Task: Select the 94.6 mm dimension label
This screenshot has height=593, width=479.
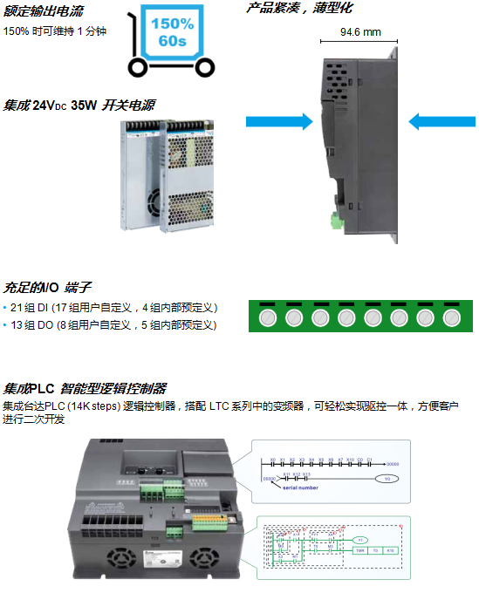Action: [360, 32]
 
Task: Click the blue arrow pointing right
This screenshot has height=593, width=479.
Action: [278, 120]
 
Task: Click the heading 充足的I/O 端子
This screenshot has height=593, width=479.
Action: [48, 287]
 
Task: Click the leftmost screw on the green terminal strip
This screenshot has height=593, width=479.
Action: [268, 317]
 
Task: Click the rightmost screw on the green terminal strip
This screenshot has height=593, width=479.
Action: [451, 317]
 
